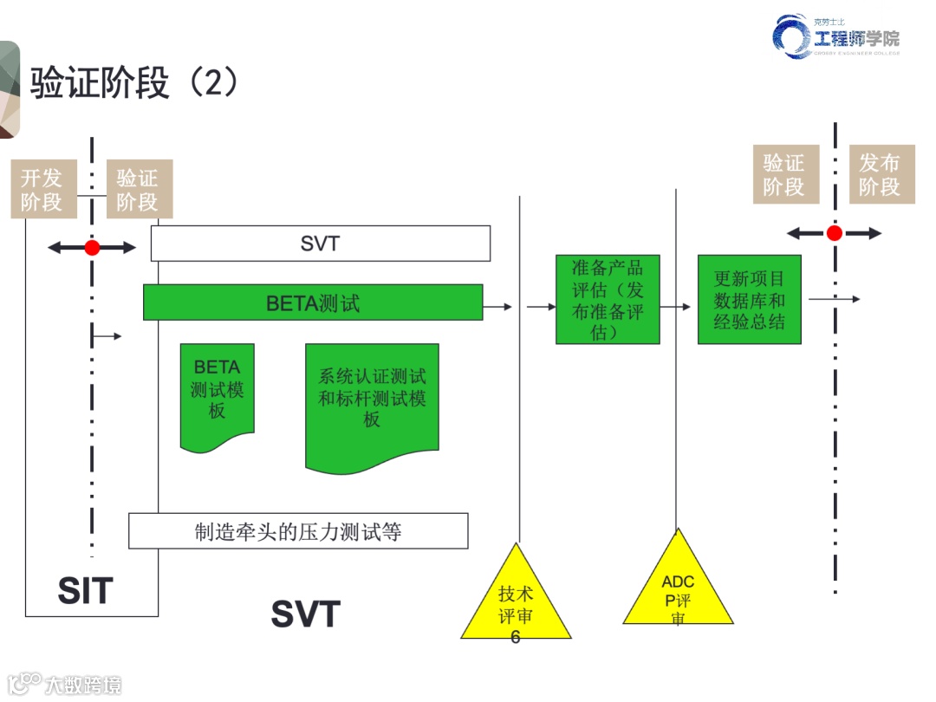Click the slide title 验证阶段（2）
pos(134,84)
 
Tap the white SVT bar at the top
pos(320,244)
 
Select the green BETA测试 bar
pos(312,303)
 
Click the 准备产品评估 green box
pos(608,299)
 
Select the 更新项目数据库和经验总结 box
pos(749,299)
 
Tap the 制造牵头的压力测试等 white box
pos(298,531)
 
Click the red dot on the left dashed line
pos(92,248)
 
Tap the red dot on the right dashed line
pos(834,233)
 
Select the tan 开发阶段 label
pos(42,190)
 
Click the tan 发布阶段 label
pos(881,175)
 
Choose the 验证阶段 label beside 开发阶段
pos(137,190)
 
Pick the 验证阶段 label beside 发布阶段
pos(783,175)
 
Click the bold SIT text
pos(85,591)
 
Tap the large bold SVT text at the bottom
pos(305,614)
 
